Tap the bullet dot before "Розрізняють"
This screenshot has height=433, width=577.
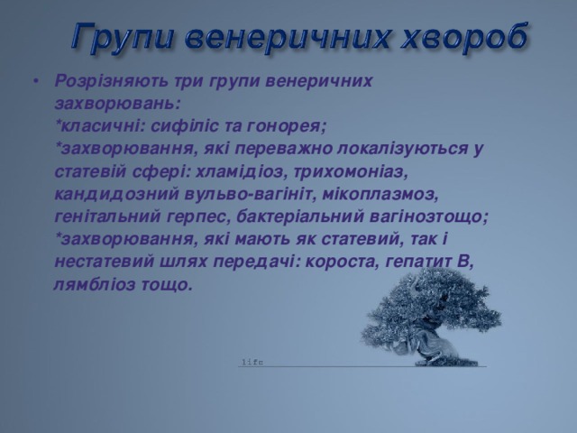(35, 81)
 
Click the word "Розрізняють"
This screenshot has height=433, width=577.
(111, 81)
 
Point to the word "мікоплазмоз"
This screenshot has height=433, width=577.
(378, 195)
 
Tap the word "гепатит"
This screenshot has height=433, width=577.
(418, 262)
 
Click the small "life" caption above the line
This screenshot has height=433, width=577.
(252, 363)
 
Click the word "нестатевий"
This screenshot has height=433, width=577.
(105, 263)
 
